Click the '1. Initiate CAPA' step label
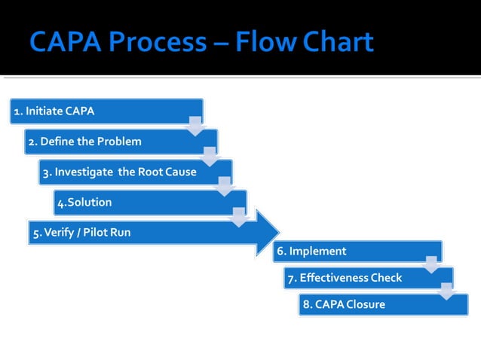point(54,111)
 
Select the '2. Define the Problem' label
point(84,142)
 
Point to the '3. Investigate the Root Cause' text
point(119,172)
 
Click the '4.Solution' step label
point(84,202)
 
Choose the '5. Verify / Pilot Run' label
point(81,233)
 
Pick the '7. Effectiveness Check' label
point(343,278)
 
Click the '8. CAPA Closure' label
point(343,304)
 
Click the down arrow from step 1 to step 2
point(195,125)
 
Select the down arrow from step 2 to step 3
point(210,155)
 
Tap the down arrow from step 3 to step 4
point(225,186)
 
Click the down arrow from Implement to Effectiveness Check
point(431,264)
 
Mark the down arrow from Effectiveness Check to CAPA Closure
point(446,291)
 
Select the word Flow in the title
point(264,41)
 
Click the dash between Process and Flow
point(222,43)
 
